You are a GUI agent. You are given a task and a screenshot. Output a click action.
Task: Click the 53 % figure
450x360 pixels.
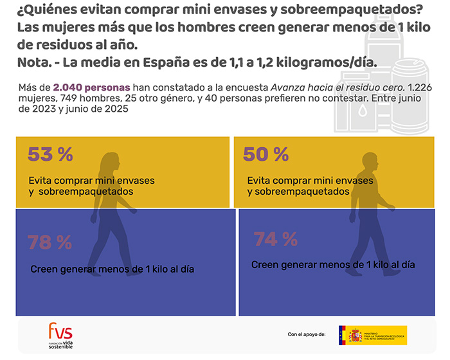[x=50, y=155]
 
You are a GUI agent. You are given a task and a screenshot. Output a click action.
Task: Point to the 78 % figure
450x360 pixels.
[x=50, y=242]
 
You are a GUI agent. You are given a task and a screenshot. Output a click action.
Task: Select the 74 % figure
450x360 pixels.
[x=275, y=240]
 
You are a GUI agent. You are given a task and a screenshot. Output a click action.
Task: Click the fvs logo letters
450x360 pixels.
[x=60, y=332]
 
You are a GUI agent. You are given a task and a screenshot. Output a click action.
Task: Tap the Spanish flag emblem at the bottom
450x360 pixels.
[x=355, y=335]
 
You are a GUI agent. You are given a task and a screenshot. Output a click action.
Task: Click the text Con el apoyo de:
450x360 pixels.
[x=307, y=335]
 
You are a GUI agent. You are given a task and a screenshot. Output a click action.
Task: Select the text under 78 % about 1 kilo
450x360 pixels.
[x=113, y=269]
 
